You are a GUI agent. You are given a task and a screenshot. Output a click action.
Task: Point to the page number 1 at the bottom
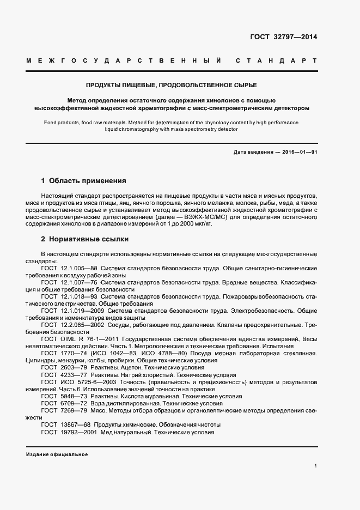316,466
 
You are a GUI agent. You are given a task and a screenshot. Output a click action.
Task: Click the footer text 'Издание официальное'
57,454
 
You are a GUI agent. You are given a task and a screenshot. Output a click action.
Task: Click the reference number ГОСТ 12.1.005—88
69,268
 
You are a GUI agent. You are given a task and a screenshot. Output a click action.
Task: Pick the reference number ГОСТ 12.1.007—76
69,283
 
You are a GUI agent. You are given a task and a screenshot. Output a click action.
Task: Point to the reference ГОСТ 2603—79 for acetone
62,368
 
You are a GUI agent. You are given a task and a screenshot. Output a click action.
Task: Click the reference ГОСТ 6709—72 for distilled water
62,403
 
